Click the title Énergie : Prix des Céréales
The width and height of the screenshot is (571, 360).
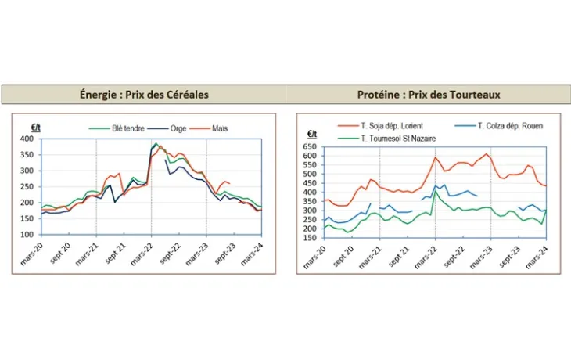click(x=143, y=95)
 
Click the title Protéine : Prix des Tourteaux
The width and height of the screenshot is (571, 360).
click(x=429, y=95)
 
